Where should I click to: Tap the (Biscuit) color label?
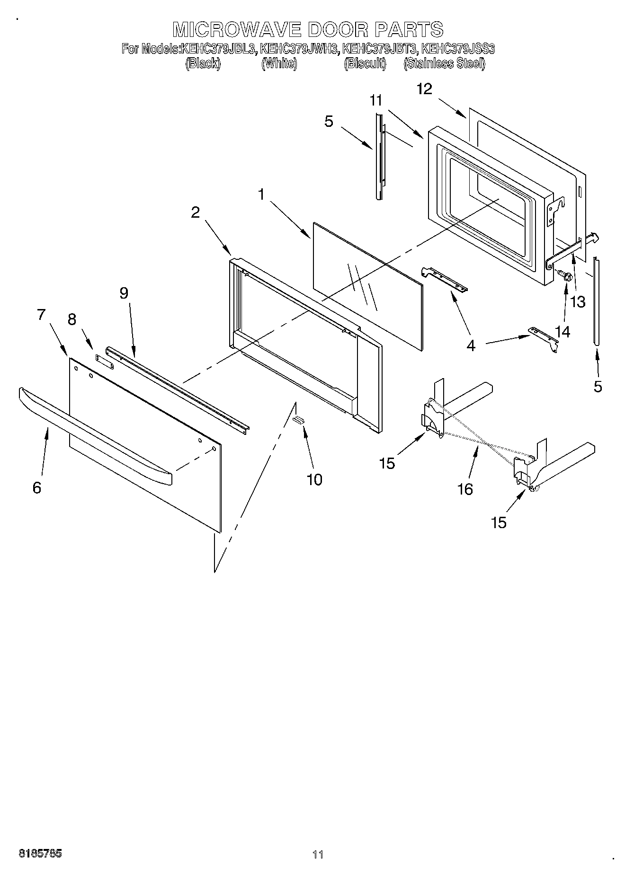tap(365, 64)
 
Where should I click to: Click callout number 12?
tap(424, 89)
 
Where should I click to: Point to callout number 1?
tap(261, 194)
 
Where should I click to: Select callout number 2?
tap(195, 212)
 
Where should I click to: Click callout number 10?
tap(314, 479)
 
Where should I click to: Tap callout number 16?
tap(465, 489)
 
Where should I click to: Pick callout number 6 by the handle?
tap(37, 487)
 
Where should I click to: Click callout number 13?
tap(578, 301)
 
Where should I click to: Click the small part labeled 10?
tap(299, 420)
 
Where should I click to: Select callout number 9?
tap(124, 293)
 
